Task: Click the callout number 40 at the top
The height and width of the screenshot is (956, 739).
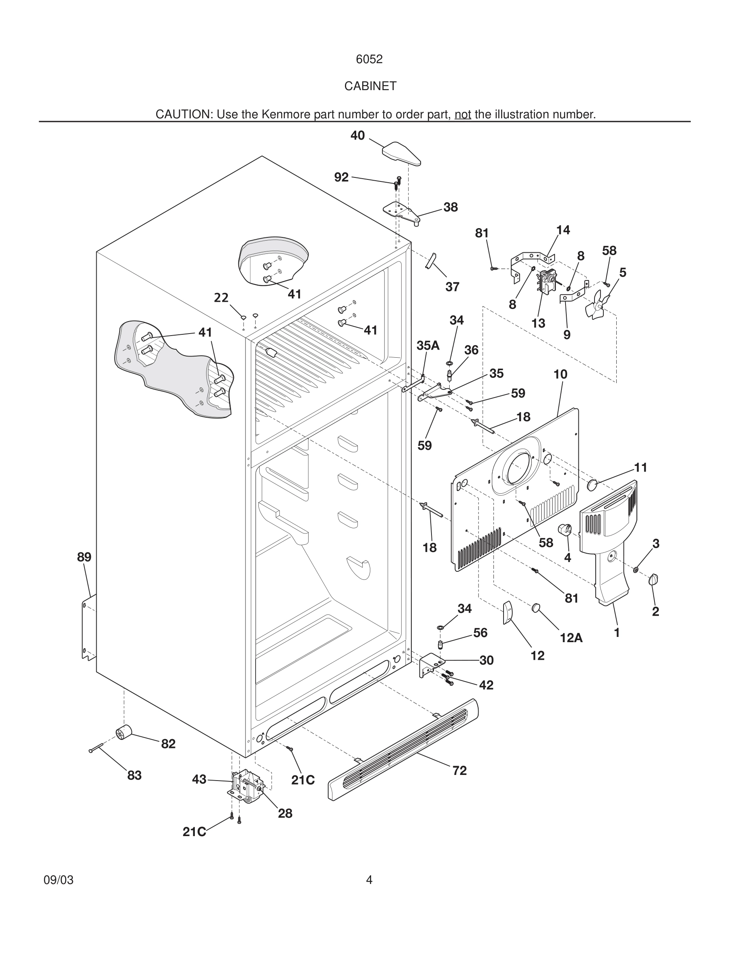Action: (x=357, y=136)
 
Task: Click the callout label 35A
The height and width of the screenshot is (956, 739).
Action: (x=428, y=345)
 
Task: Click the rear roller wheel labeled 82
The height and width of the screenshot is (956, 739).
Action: (x=124, y=732)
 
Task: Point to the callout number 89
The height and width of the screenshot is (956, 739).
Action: (x=84, y=557)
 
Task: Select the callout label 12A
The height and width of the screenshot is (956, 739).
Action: (x=571, y=638)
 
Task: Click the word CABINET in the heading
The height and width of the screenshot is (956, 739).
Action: (x=370, y=86)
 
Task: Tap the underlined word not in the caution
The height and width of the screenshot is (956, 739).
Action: (x=463, y=115)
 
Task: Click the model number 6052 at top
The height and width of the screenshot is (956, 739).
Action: (x=369, y=59)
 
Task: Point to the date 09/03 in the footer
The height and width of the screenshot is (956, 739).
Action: (x=59, y=880)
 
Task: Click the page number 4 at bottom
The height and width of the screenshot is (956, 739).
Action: (x=369, y=880)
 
